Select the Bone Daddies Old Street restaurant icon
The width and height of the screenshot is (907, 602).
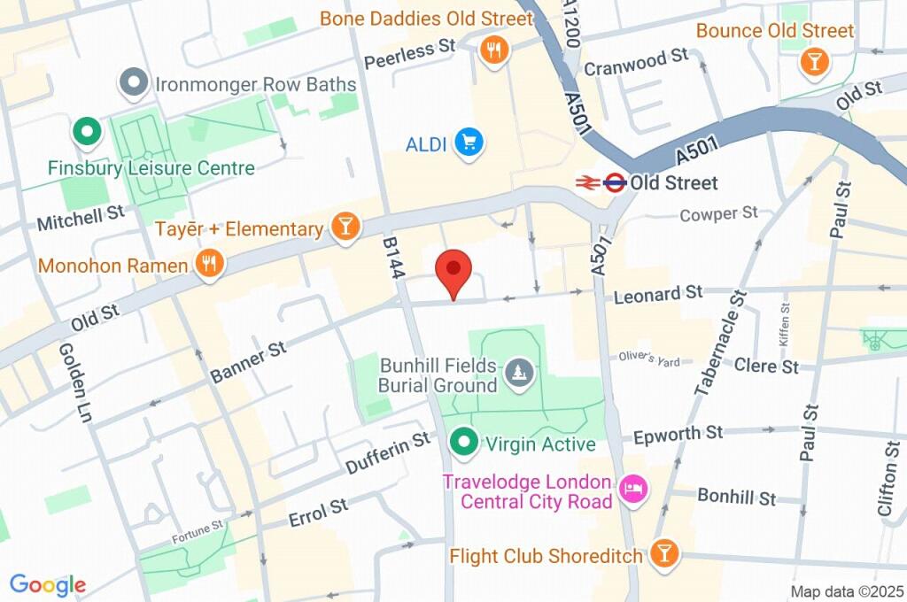[x=493, y=50]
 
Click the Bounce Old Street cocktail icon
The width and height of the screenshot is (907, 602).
[x=812, y=62]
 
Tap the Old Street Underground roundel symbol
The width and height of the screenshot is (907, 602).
[x=613, y=183]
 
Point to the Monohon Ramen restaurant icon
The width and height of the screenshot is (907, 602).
[x=209, y=263]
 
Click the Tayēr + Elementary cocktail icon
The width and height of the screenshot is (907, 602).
[x=345, y=227]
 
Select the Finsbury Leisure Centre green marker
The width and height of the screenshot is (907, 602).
[x=88, y=133]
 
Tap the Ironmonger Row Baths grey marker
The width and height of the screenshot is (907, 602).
[x=134, y=84]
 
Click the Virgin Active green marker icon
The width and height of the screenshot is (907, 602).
[x=462, y=441]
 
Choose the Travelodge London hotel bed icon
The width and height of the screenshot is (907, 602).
[x=633, y=489]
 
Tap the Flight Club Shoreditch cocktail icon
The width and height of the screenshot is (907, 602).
[x=663, y=554]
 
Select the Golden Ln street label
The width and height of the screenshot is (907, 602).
[x=74, y=382]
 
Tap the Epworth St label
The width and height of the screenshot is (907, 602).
[x=679, y=434]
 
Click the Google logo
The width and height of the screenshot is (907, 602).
[x=48, y=584]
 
